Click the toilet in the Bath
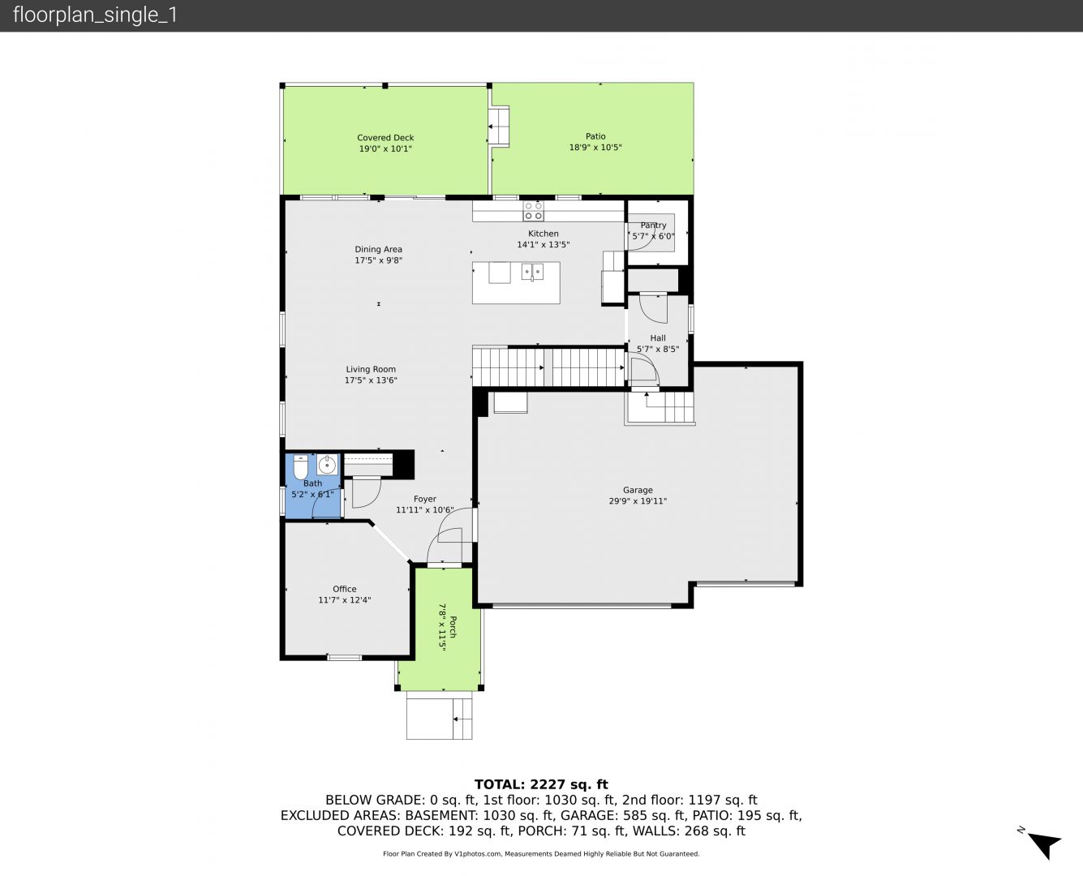point(300,466)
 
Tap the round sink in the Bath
point(327,464)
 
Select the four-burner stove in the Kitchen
point(533,211)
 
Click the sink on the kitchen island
point(532,272)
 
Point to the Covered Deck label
point(385,138)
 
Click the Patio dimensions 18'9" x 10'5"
point(595,148)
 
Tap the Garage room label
point(638,490)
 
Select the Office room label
point(344,589)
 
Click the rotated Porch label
point(453,627)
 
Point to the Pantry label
point(653,225)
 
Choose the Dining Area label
point(378,249)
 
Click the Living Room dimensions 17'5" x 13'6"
point(371,380)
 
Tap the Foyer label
point(424,500)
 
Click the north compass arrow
point(1046,845)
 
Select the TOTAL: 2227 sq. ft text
point(541,784)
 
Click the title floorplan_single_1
point(95,15)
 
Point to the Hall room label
point(658,338)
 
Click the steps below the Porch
point(440,719)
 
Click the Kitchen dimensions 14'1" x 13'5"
point(543,244)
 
